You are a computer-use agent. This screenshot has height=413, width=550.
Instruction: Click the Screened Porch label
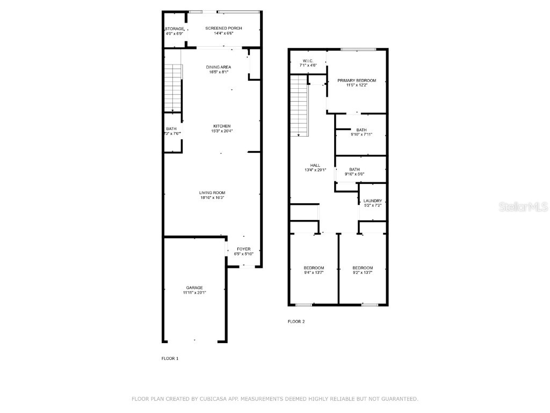(x=223, y=29)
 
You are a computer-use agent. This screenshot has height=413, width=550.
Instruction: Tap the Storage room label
(x=175, y=29)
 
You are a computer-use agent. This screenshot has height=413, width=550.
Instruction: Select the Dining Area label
(x=219, y=67)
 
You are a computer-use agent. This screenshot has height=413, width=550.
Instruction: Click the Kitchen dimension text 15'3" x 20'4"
(x=222, y=131)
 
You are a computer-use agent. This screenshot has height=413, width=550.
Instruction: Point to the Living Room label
(x=212, y=193)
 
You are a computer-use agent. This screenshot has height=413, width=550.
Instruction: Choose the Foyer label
(x=244, y=249)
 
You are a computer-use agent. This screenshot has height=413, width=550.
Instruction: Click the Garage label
(x=194, y=288)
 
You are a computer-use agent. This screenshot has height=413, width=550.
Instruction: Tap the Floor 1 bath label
(x=171, y=129)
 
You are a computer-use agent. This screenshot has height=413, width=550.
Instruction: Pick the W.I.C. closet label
(x=308, y=61)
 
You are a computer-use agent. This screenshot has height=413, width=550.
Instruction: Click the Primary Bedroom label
(x=357, y=81)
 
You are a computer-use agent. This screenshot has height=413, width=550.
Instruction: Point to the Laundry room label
(x=373, y=201)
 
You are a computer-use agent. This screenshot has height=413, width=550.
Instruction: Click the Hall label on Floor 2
(x=315, y=166)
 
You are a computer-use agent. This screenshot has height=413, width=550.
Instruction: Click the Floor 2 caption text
(x=296, y=322)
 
